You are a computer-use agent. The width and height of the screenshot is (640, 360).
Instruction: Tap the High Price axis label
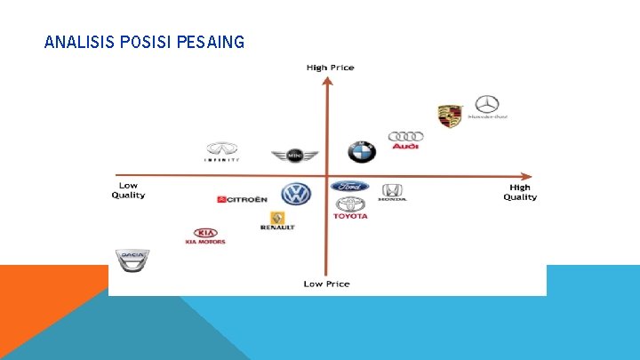(x=329, y=68)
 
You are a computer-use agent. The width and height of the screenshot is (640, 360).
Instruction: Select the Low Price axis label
(x=326, y=284)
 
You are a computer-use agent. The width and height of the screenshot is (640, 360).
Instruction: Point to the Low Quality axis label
(x=128, y=190)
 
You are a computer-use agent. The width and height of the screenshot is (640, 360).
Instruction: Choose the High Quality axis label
(x=520, y=192)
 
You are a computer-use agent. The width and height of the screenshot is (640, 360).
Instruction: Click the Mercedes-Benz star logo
(x=487, y=107)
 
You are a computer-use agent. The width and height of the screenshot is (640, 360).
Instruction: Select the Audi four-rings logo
(x=405, y=140)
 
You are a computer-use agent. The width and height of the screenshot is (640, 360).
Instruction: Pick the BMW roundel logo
(x=362, y=151)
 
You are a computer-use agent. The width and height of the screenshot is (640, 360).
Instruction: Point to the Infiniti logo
(x=222, y=152)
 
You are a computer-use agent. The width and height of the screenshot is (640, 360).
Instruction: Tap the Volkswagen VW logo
(x=296, y=195)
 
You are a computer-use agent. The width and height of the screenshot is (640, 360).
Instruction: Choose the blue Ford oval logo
(x=349, y=187)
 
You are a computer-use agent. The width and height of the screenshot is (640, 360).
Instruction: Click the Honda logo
(x=392, y=192)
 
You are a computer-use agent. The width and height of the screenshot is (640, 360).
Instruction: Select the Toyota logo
(x=350, y=208)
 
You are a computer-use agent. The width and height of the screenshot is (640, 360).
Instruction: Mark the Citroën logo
(x=241, y=199)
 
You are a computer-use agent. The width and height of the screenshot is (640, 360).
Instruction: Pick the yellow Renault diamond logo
(x=277, y=220)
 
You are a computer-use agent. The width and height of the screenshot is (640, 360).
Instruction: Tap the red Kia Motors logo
(x=205, y=236)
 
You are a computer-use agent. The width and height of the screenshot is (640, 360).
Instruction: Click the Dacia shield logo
(x=131, y=259)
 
